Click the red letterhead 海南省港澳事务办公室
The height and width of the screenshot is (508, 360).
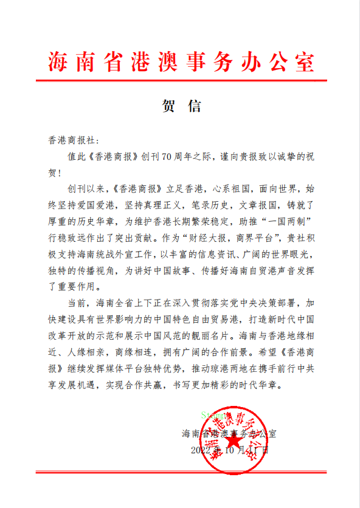(181, 61)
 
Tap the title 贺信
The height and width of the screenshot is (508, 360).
(181, 106)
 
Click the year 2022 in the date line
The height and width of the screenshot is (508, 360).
(201, 450)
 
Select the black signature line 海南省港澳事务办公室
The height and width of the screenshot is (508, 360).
(229, 434)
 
